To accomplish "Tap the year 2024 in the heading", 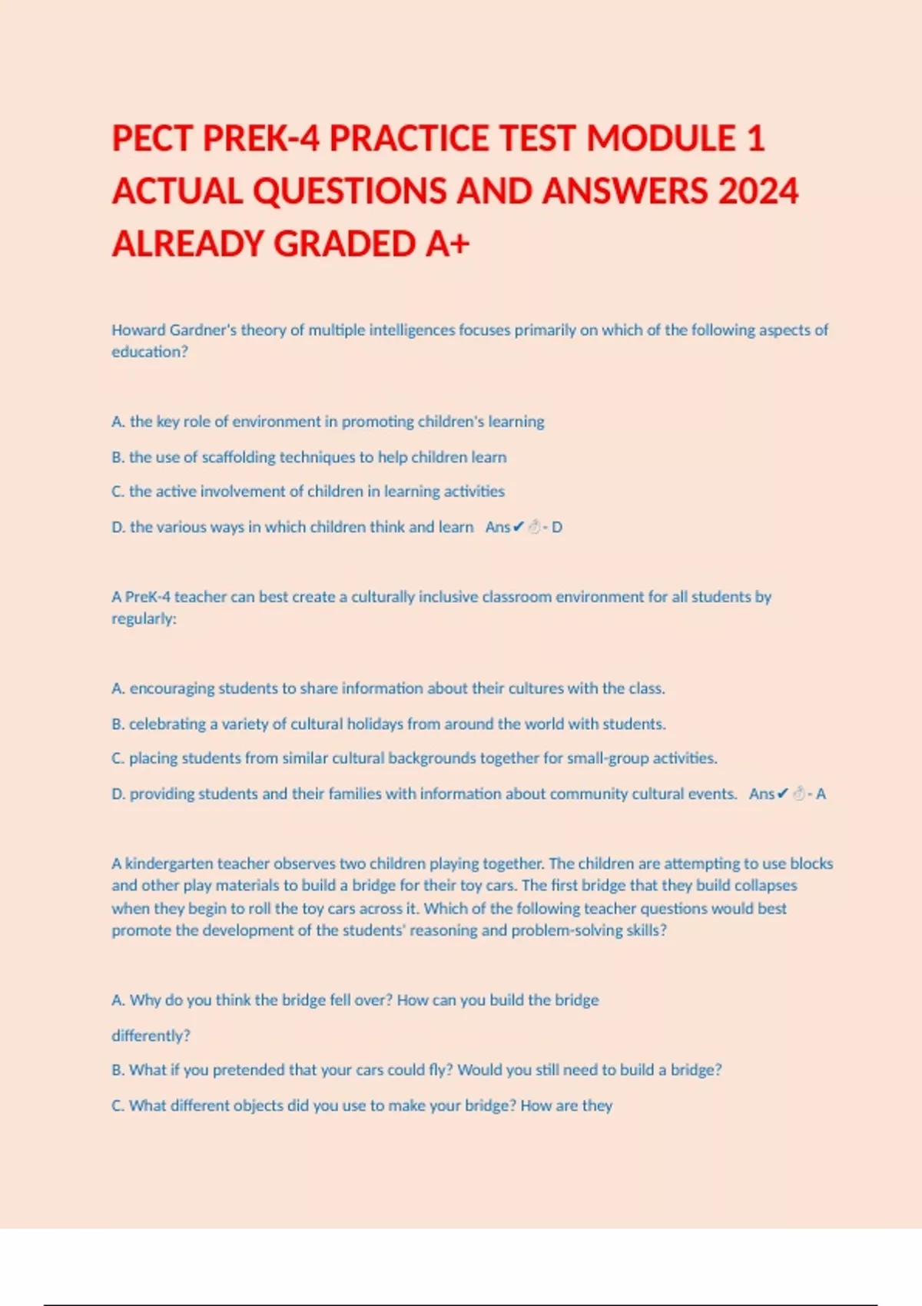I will tap(758, 191).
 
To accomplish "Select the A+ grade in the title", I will tap(447, 244).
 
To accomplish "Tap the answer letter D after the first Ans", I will tap(557, 528).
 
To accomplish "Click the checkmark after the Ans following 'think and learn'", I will tap(518, 527).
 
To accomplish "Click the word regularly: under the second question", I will tap(144, 619).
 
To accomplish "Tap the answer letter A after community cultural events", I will tap(821, 794).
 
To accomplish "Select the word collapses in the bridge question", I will tap(765, 886).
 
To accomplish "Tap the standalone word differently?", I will tap(151, 1036).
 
